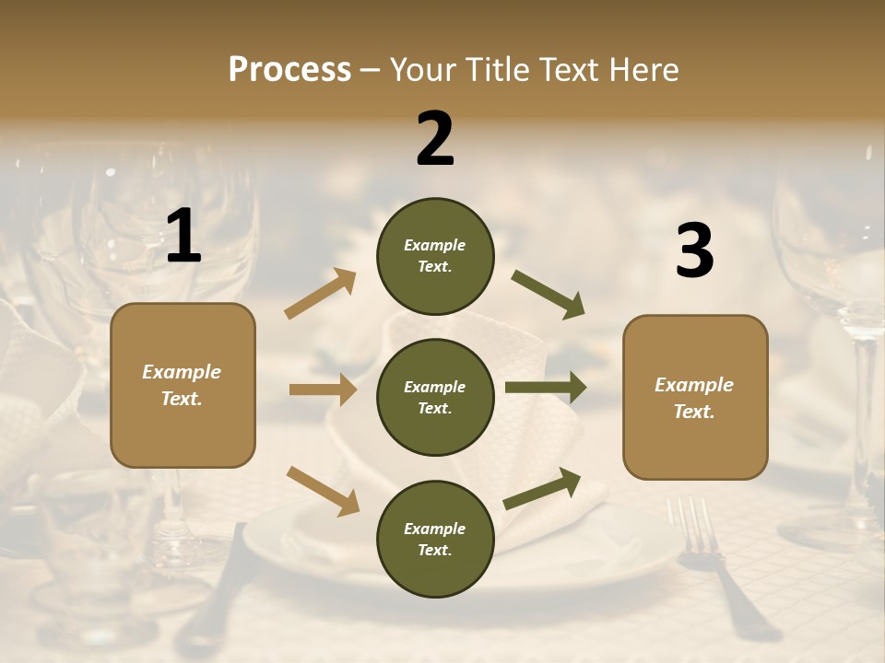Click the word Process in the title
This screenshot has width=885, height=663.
pyautogui.click(x=289, y=69)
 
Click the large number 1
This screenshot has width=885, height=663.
pyautogui.click(x=183, y=237)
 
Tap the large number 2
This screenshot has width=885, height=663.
pyautogui.click(x=435, y=138)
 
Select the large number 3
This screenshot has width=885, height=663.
pyautogui.click(x=694, y=250)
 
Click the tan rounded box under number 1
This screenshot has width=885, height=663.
pyautogui.click(x=183, y=385)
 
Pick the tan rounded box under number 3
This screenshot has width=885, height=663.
pyautogui.click(x=695, y=398)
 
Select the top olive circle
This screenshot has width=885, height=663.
pyautogui.click(x=435, y=256)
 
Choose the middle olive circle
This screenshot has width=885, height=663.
pyautogui.click(x=435, y=398)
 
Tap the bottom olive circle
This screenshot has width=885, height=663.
pyautogui.click(x=435, y=540)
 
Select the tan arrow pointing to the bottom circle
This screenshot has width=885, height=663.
pyautogui.click(x=323, y=490)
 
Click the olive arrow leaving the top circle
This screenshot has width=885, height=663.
pyautogui.click(x=548, y=294)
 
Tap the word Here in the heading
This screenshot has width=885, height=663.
pyautogui.click(x=644, y=69)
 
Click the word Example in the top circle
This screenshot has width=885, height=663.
pyautogui.click(x=435, y=245)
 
